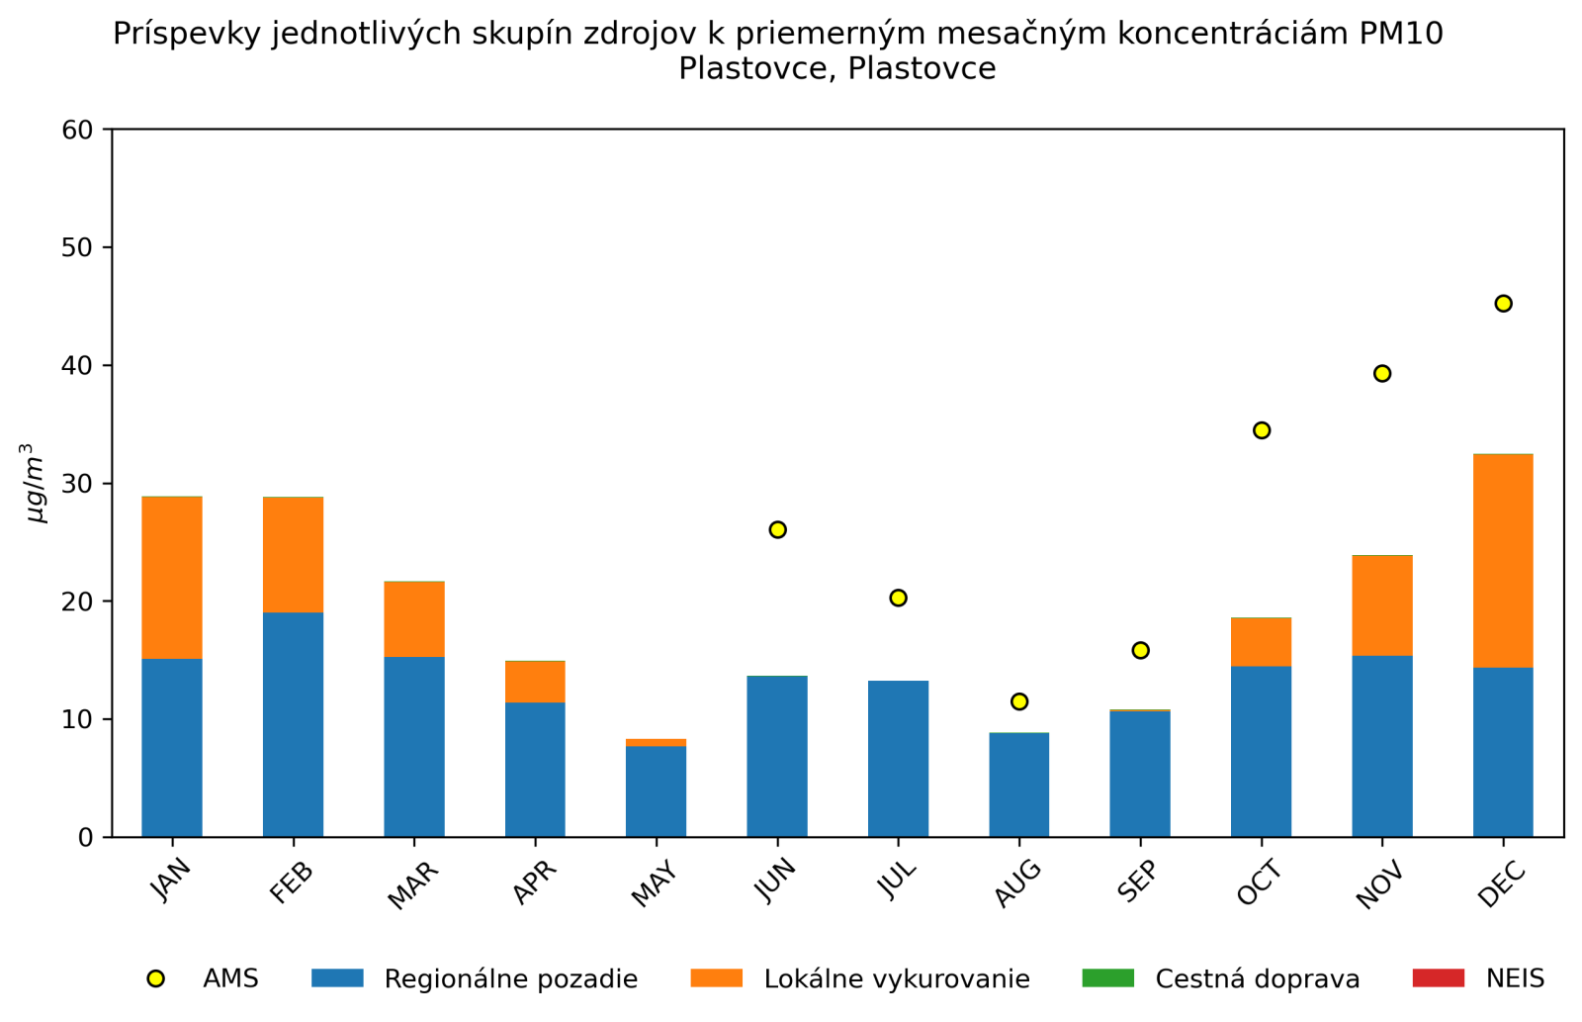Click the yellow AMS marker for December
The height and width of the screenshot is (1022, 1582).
(1503, 304)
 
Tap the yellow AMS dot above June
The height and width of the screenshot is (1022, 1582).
(777, 530)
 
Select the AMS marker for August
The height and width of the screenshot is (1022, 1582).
(1019, 701)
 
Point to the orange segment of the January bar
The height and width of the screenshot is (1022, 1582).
(172, 577)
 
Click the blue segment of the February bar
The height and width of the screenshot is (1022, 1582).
(293, 724)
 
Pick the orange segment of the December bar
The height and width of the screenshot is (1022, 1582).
(1503, 561)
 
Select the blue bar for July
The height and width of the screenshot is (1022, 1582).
(898, 759)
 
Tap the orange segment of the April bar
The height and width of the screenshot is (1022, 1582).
(535, 682)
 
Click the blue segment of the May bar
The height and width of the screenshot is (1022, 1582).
(656, 791)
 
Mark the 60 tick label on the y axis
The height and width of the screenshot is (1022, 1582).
(77, 130)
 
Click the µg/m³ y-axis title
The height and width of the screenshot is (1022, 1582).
(35, 483)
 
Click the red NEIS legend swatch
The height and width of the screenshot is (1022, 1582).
(1438, 978)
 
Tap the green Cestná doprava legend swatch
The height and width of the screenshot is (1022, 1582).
(1108, 978)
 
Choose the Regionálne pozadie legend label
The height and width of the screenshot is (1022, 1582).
(510, 979)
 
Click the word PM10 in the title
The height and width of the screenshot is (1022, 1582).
(1401, 34)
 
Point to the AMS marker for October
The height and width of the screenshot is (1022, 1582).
(1262, 430)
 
